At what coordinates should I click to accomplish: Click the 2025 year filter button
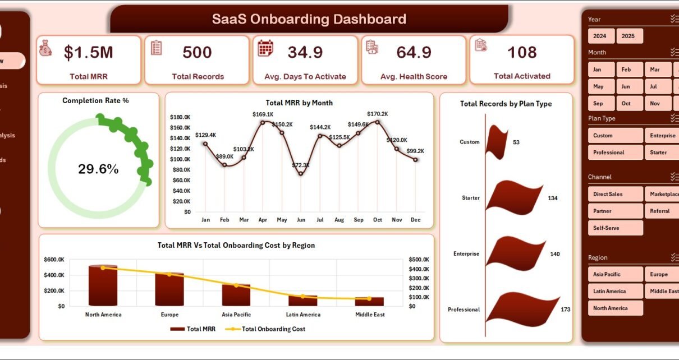tap(629, 36)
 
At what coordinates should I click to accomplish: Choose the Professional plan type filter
tap(615, 153)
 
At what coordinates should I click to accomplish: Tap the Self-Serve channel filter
tap(615, 228)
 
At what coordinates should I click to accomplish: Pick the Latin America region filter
tap(615, 291)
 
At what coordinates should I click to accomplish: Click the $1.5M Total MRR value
tap(88, 53)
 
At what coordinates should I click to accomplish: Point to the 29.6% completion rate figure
tap(98, 169)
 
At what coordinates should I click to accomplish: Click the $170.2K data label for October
tap(377, 114)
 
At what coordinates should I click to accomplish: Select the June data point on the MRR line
tap(301, 173)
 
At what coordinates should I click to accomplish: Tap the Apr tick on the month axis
tap(263, 220)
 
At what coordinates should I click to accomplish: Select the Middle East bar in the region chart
tap(369, 301)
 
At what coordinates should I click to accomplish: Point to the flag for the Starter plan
tap(513, 197)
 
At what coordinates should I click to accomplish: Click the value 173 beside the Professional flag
tap(565, 309)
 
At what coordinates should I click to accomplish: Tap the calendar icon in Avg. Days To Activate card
tap(265, 48)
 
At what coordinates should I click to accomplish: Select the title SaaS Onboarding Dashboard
tap(309, 20)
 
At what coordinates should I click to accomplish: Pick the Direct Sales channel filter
tap(615, 194)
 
